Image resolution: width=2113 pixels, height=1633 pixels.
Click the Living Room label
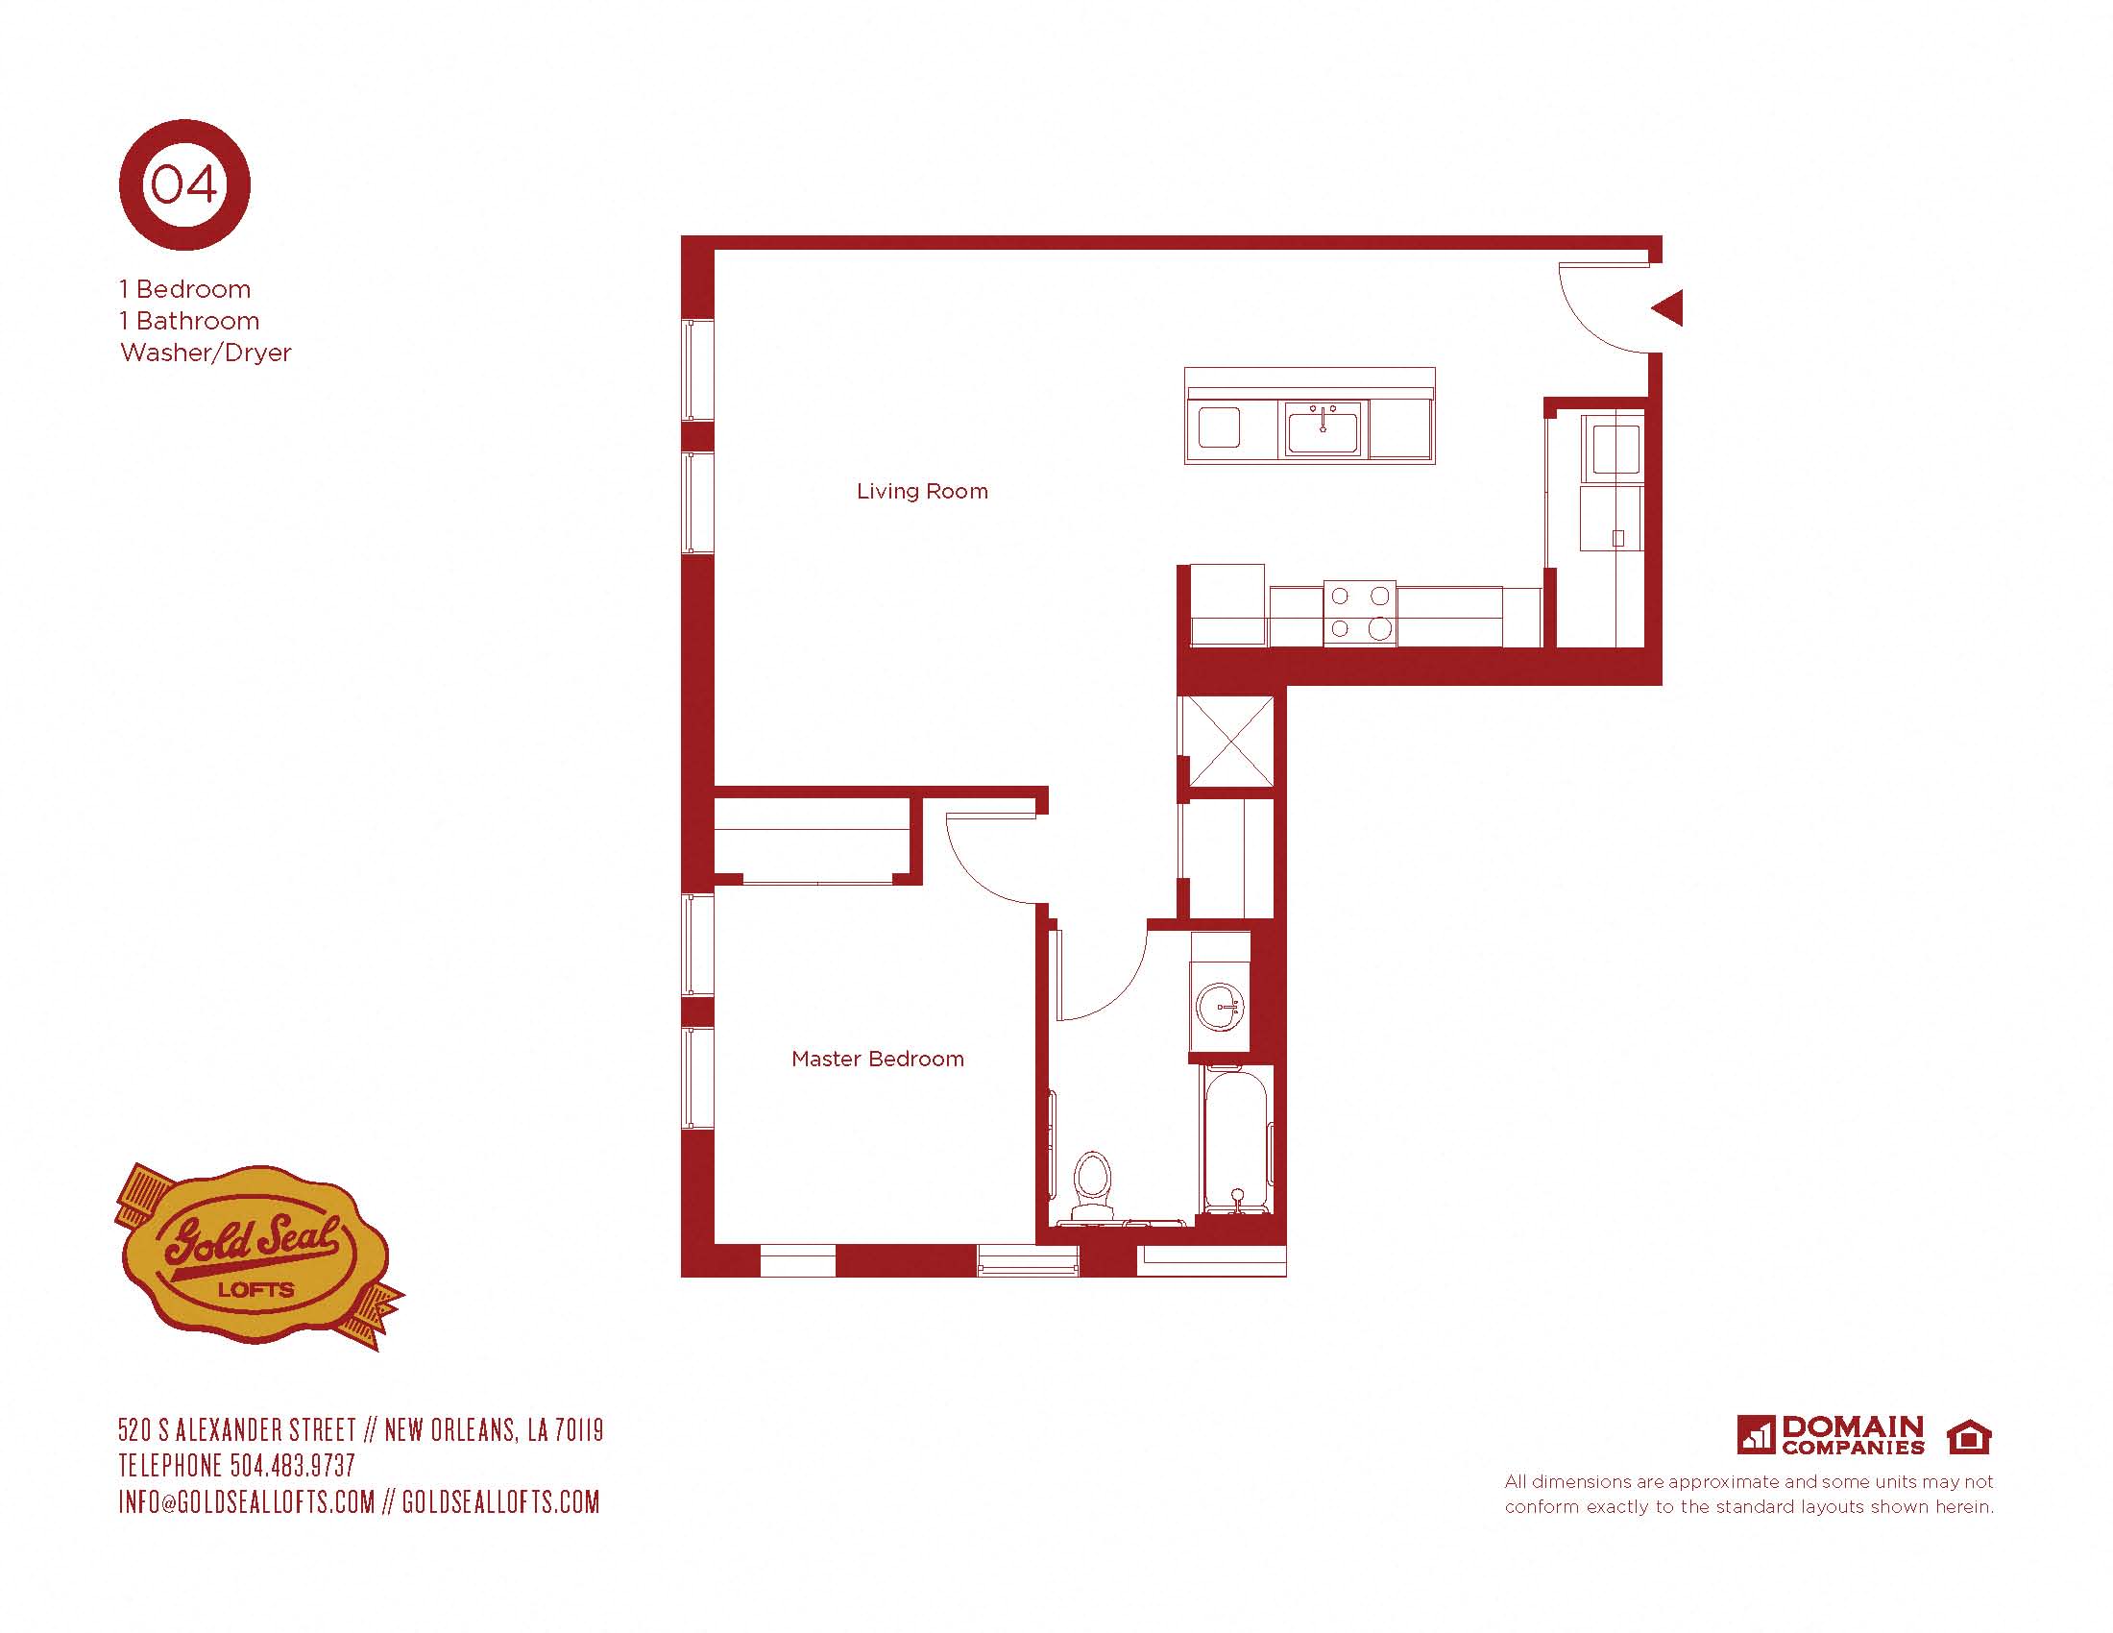[922, 492]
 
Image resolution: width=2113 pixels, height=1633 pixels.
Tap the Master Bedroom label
[878, 1059]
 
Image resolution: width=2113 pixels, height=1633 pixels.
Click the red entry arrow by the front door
[1667, 308]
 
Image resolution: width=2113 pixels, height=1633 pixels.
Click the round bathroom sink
[1219, 1007]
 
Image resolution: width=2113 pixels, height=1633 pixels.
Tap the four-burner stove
[1359, 613]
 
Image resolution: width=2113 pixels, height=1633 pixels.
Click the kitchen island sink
[1323, 427]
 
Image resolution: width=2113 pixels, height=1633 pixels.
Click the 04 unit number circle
[184, 184]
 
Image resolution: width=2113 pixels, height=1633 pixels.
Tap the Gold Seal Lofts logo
[256, 1255]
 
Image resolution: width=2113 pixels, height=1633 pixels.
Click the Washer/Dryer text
[206, 353]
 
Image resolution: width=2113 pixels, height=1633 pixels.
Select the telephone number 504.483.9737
[293, 1466]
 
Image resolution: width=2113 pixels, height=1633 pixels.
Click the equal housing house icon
[1968, 1437]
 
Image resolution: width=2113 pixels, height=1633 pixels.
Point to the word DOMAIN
[1853, 1426]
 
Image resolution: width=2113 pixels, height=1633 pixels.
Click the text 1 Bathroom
[189, 320]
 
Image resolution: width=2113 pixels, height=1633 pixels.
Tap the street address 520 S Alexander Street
[238, 1430]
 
